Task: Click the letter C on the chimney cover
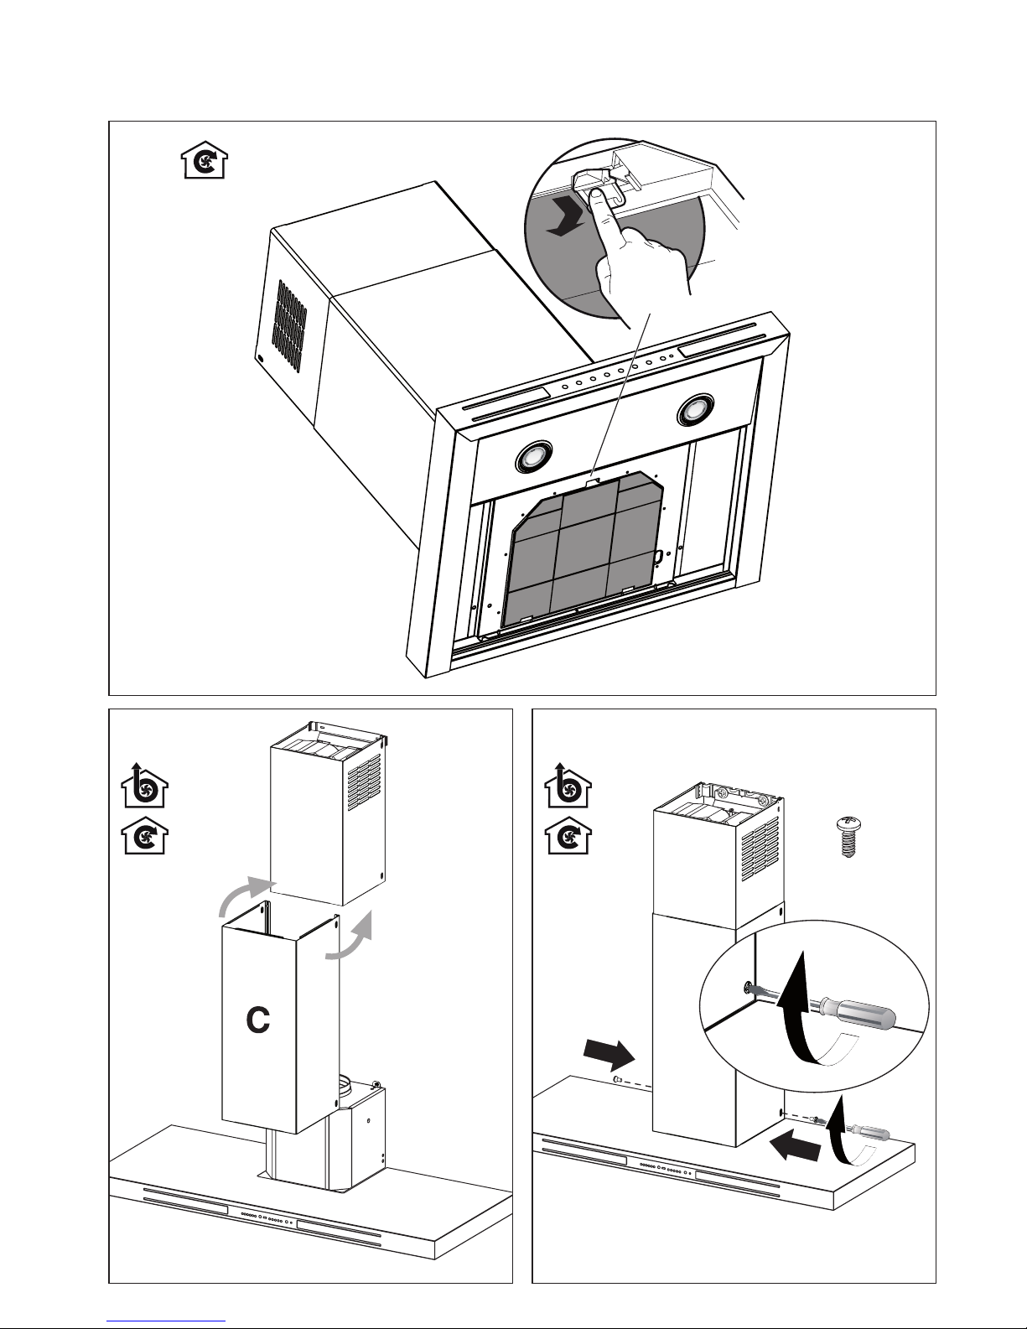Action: click(x=258, y=1020)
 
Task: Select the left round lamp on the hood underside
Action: click(x=534, y=456)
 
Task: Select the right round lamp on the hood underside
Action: click(x=695, y=408)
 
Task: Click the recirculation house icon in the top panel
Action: click(x=205, y=160)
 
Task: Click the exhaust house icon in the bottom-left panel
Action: click(x=144, y=786)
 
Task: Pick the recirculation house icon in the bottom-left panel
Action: click(x=145, y=835)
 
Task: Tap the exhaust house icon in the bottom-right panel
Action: click(x=568, y=786)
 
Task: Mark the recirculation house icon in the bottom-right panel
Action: click(x=568, y=835)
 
